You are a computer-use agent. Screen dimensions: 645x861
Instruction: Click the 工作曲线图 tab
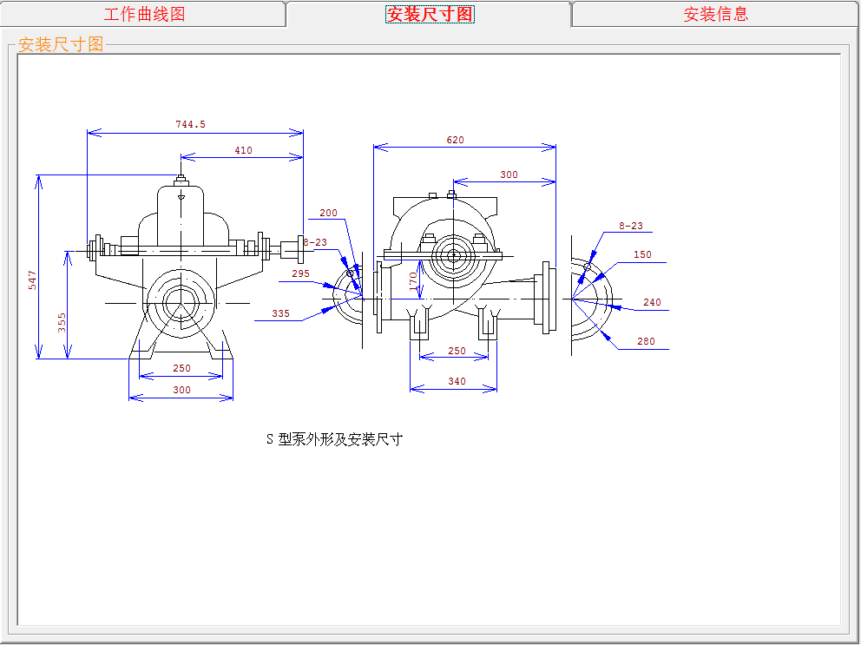click(x=144, y=14)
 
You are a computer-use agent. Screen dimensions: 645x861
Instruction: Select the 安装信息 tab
click(x=715, y=14)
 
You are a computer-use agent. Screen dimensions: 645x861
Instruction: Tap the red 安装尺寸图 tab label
click(x=430, y=14)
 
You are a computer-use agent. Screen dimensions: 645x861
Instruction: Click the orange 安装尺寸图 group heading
click(x=61, y=44)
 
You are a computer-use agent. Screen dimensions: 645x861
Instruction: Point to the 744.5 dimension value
click(x=191, y=124)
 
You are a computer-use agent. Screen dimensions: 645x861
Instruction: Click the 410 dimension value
click(x=243, y=150)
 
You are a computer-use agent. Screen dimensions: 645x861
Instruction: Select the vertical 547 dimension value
click(x=32, y=280)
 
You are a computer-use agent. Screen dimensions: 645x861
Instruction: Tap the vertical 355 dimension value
click(x=62, y=323)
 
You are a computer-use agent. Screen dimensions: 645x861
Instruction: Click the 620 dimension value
click(x=456, y=140)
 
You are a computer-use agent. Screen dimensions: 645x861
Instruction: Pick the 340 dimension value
click(x=457, y=381)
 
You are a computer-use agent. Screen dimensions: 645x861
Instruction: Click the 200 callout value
click(x=328, y=213)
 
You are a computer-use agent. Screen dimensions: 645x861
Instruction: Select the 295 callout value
click(x=300, y=273)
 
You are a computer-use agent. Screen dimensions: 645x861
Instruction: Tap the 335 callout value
click(x=280, y=313)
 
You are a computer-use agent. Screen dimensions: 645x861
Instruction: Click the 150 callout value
click(x=642, y=255)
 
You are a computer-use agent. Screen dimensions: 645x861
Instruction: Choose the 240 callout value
click(x=652, y=302)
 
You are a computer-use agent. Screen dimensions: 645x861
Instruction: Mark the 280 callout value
click(x=646, y=341)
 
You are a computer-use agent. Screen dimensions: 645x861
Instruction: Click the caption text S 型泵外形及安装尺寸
click(x=334, y=439)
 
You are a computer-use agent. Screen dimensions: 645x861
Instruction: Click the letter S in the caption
click(x=270, y=439)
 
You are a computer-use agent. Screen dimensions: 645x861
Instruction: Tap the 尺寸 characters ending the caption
click(x=389, y=439)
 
